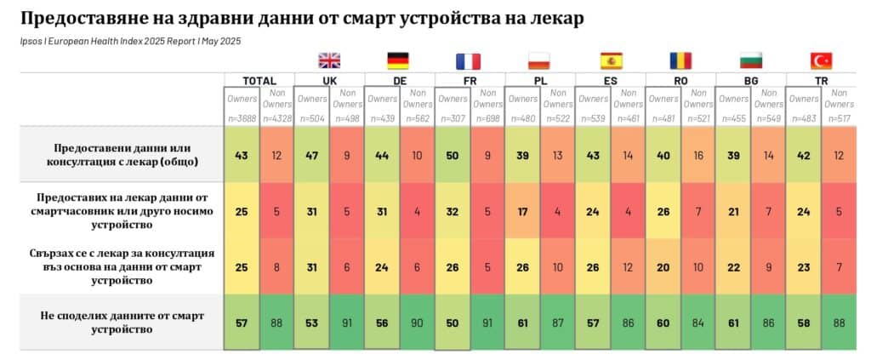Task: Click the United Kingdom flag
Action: (x=329, y=60)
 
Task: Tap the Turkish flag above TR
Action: (x=822, y=60)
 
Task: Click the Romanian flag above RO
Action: (x=680, y=60)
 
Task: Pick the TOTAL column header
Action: (x=259, y=81)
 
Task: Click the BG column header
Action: (x=751, y=81)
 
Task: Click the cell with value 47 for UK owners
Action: (x=311, y=156)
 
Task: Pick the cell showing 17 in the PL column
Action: (x=522, y=211)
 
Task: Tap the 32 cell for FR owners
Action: (x=452, y=211)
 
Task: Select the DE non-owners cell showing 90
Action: (x=417, y=323)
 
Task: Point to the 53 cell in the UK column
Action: (x=311, y=323)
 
